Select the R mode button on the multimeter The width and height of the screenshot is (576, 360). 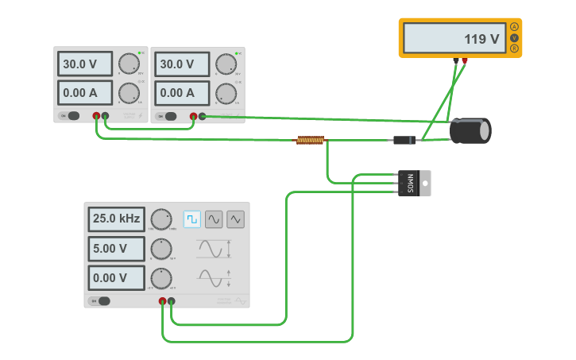pos(514,48)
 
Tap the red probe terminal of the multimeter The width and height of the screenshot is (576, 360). pos(465,60)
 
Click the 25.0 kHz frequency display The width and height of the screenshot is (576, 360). pos(116,219)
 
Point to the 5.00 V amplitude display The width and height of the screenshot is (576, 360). pos(116,249)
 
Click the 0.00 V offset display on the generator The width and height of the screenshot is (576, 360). pos(116,278)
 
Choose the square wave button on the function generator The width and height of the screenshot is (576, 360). pos(192,219)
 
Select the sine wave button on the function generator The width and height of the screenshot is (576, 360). pos(214,219)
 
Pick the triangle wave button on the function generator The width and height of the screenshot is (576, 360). pos(235,219)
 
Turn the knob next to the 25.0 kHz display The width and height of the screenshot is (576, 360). pos(161,219)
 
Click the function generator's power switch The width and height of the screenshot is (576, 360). pos(101,300)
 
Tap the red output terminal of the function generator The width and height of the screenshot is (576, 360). pos(162,301)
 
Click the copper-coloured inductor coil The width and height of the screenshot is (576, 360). pos(311,140)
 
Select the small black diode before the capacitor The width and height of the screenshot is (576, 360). pos(404,140)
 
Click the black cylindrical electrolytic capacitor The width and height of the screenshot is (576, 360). pos(470,130)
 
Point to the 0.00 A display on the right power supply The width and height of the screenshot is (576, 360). pos(182,92)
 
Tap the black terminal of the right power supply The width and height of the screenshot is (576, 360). pos(202,116)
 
